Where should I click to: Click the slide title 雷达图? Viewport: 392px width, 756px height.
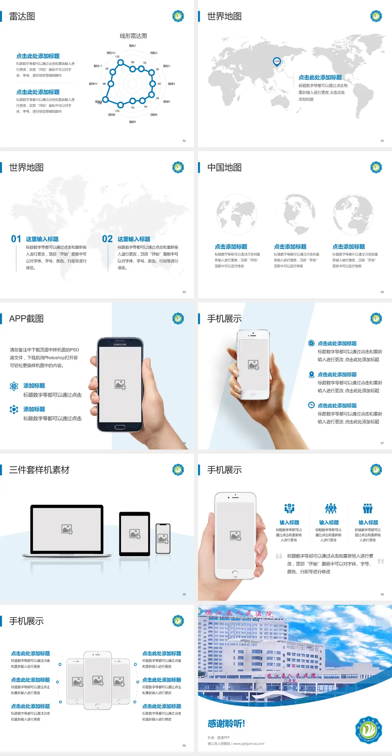click(22, 16)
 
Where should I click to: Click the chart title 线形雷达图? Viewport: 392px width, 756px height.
click(133, 36)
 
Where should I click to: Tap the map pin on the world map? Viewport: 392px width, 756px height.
click(276, 62)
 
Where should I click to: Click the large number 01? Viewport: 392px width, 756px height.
click(16, 239)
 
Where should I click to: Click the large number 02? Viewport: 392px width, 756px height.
click(107, 239)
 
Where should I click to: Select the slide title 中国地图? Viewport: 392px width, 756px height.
click(224, 168)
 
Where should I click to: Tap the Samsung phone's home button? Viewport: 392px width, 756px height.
click(120, 427)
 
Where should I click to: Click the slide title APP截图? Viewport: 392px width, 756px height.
click(26, 319)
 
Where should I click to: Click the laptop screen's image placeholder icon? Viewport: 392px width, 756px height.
click(67, 529)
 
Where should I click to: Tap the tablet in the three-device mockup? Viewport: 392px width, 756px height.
click(135, 534)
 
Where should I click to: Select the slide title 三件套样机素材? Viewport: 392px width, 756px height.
click(39, 470)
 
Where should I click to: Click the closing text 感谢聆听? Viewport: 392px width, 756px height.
click(226, 724)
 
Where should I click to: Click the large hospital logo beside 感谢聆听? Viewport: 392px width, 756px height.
click(368, 730)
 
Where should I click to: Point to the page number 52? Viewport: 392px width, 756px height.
click(184, 141)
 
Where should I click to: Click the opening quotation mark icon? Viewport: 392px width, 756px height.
click(279, 556)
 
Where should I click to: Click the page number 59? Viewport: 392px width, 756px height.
click(382, 594)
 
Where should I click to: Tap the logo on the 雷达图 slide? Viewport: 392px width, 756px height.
click(178, 16)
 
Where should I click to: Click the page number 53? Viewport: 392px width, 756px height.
click(382, 141)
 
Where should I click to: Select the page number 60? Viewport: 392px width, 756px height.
click(184, 745)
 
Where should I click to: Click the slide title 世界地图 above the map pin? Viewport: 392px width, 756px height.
click(224, 16)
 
